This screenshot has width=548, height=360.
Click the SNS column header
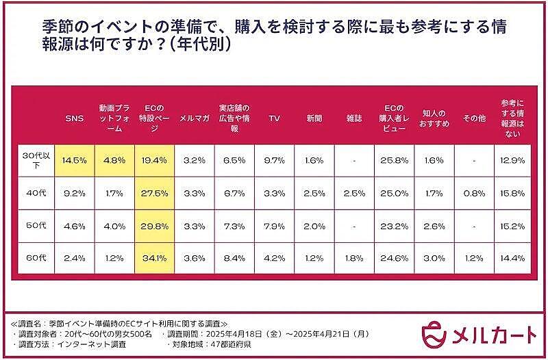(74, 118)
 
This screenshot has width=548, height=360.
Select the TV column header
(274, 118)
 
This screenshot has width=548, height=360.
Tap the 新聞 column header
(314, 118)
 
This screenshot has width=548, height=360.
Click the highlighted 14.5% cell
(74, 160)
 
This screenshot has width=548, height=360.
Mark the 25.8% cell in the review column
(394, 160)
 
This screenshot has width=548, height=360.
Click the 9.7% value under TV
(274, 160)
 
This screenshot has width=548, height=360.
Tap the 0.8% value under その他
(473, 194)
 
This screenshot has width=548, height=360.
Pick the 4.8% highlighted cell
(114, 160)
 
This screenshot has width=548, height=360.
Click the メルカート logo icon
(434, 333)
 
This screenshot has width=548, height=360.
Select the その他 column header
(473, 118)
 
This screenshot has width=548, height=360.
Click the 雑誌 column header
(354, 118)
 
